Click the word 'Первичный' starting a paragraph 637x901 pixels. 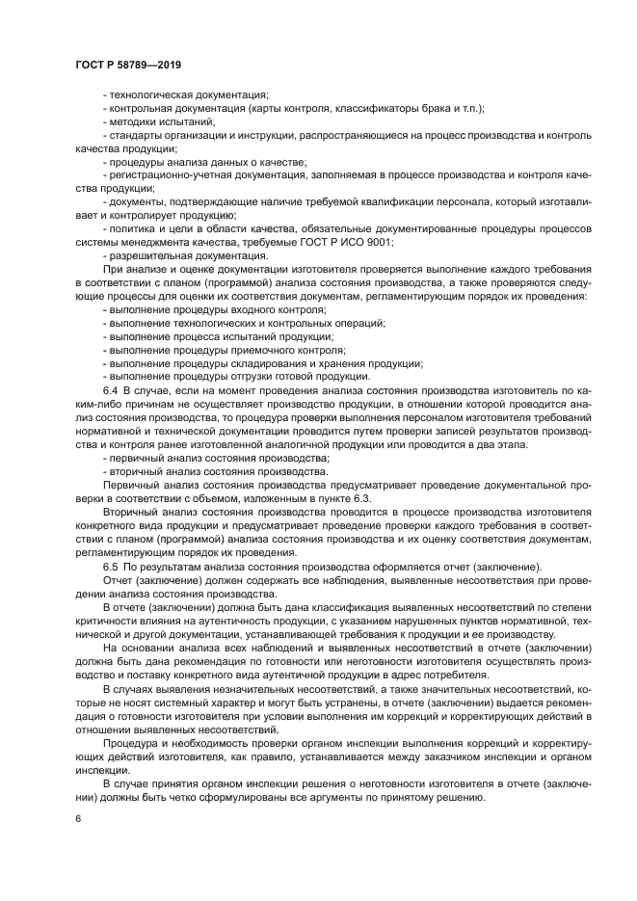(130, 486)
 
